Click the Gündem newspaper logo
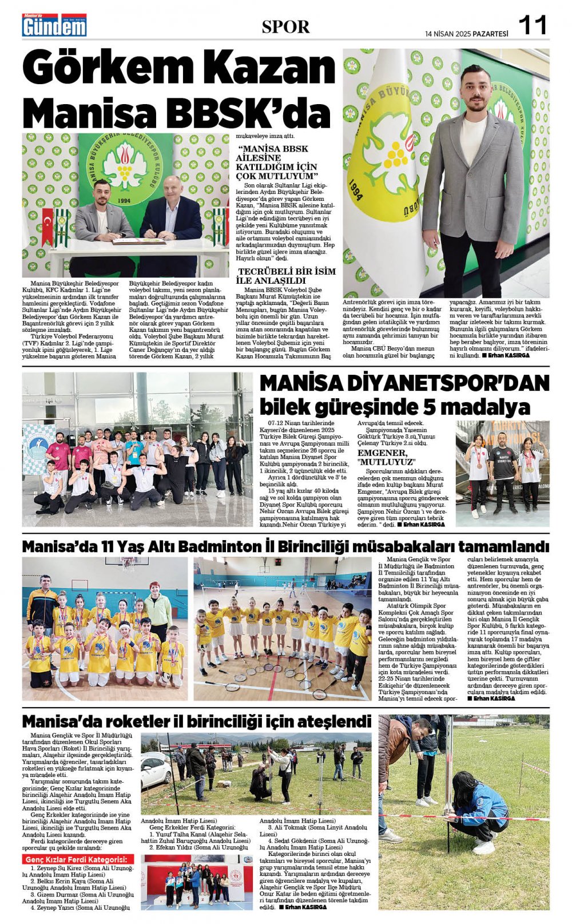tap(54, 26)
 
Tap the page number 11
tap(533, 25)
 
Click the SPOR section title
tap(285, 26)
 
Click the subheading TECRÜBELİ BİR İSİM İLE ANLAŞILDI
tap(287, 276)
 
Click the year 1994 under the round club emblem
tap(123, 201)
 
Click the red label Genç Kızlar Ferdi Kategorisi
tap(78, 859)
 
